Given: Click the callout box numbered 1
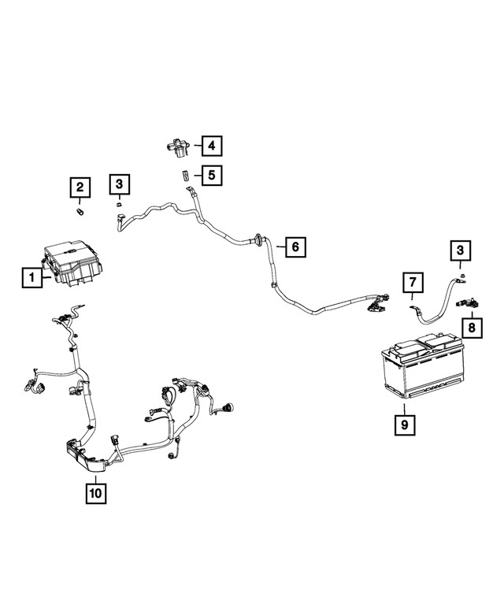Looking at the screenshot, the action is coord(32,277).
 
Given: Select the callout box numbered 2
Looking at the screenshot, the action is coord(80,187).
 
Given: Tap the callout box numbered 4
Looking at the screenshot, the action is coord(211,146).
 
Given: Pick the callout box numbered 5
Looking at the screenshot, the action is coord(211,175).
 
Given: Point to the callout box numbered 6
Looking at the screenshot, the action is coord(295,247).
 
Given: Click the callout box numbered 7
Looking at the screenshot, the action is coord(413,282).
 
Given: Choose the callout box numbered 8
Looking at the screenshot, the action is coord(472,328).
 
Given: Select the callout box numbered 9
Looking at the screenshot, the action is coord(405,425).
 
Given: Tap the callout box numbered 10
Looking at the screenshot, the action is coord(95,493).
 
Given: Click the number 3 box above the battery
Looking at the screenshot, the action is coord(461,250).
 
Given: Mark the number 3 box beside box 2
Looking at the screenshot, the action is coord(120,184).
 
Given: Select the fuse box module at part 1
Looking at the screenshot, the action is coord(72,263).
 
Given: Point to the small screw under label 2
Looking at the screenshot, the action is coord(81,213).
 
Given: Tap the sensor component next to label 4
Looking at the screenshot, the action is coord(177,148).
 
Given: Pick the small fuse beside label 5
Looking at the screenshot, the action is coord(185,175).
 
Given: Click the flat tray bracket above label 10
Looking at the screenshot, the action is coord(86,457).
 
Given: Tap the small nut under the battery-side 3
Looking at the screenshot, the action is coord(461,276).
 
